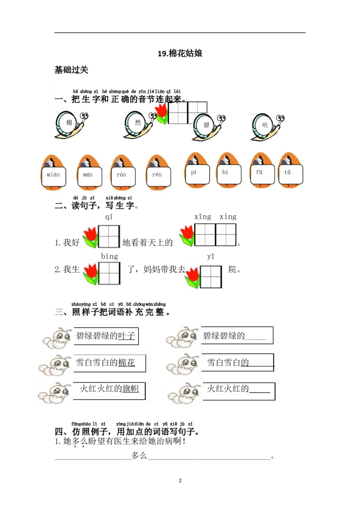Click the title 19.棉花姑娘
point(180,54)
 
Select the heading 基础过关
point(71,70)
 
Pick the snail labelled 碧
point(207,127)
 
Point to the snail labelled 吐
point(266,126)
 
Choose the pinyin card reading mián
point(54,174)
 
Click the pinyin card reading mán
point(88,174)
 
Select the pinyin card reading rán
point(121,174)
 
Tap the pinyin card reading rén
point(157,174)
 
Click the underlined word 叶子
point(126,336)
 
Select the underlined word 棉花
point(126,362)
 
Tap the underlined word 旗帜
point(130,389)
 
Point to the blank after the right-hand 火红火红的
point(260,390)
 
